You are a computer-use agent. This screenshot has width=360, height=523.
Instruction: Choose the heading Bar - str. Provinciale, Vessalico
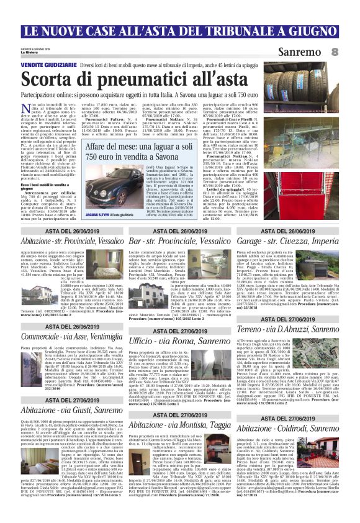179,240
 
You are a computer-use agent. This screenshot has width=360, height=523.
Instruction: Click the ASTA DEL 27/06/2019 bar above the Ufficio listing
179,330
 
